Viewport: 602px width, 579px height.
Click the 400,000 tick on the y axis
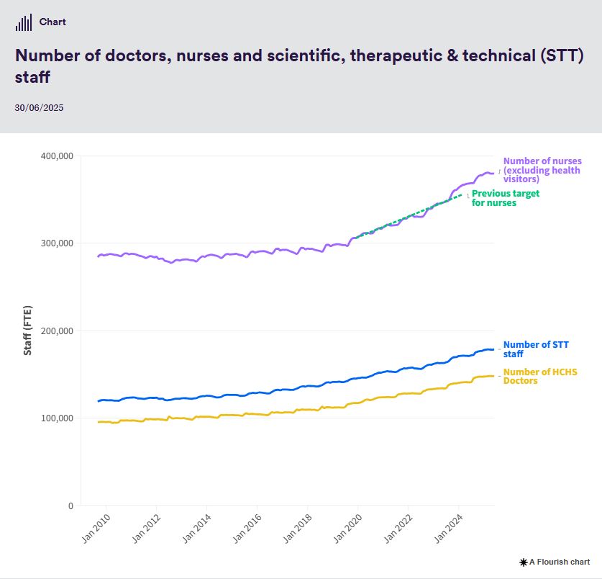pos(55,156)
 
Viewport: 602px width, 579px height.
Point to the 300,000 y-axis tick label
pos(55,243)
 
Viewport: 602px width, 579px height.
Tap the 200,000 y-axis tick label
pos(55,331)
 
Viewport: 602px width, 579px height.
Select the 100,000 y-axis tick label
pos(55,418)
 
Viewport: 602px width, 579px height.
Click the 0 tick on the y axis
pos(70,506)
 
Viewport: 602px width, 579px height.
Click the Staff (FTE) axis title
pos(28,331)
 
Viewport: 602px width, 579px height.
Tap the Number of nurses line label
pos(542,170)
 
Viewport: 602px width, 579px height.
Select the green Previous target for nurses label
pos(505,198)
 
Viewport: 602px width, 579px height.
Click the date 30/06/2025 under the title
pos(39,108)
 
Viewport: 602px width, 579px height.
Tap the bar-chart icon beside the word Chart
pos(24,23)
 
